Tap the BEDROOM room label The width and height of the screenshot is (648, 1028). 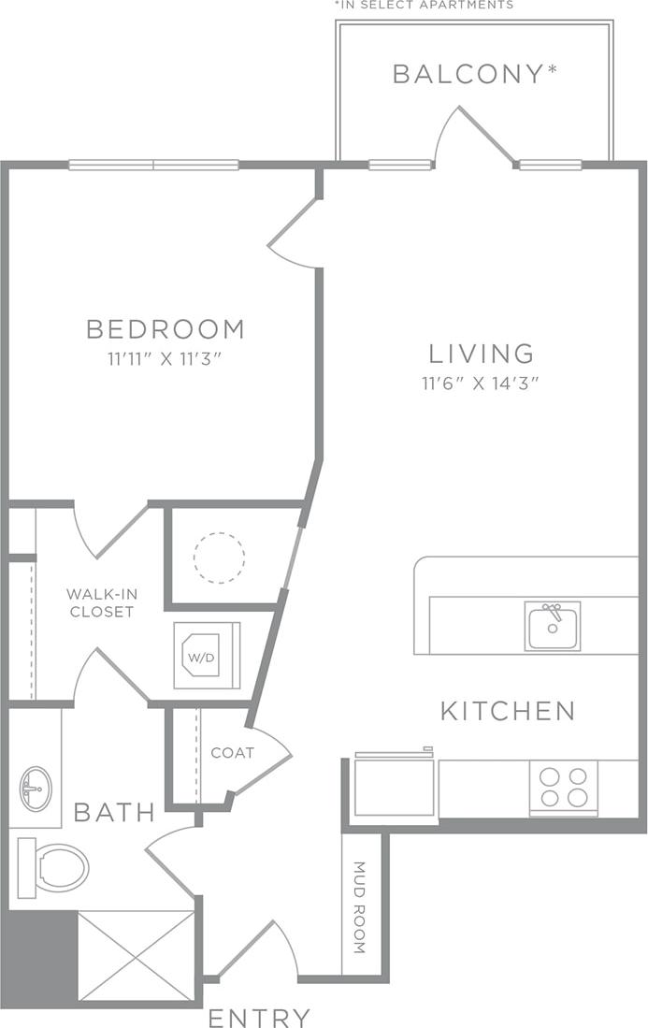coord(166,329)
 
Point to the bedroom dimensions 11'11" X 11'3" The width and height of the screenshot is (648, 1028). coord(166,357)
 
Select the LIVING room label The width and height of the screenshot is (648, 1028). coord(482,354)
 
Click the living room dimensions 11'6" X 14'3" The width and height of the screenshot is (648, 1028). coord(482,382)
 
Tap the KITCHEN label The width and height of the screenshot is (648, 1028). coord(508,711)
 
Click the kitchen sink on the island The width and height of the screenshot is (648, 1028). coord(552,626)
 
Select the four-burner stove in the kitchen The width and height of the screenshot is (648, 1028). coord(564,788)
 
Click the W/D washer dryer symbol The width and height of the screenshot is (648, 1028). coord(207,655)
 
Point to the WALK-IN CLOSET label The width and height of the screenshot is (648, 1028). coord(100,603)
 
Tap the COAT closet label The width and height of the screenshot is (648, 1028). coord(232,752)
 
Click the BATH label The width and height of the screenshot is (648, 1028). coord(114,812)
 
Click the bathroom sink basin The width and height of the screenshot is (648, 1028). coord(36,789)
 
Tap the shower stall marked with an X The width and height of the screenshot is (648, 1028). coord(136,956)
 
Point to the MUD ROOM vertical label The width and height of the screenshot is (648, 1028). coord(360,920)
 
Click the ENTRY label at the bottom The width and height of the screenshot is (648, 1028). coord(259,1018)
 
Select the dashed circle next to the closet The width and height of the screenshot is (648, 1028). coord(219,558)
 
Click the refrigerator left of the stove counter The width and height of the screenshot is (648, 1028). coord(394,786)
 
